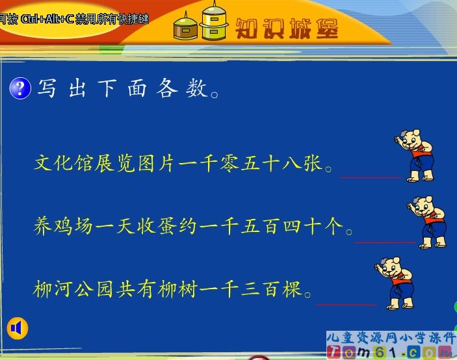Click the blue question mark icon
(x=20, y=88)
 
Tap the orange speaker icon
(x=18, y=328)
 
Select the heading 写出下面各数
(x=126, y=88)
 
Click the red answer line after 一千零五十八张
(x=371, y=175)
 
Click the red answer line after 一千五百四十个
(x=385, y=242)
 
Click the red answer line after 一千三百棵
(x=346, y=303)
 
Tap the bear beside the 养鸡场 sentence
(x=429, y=222)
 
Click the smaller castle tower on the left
(x=185, y=27)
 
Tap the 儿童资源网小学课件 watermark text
(x=391, y=339)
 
